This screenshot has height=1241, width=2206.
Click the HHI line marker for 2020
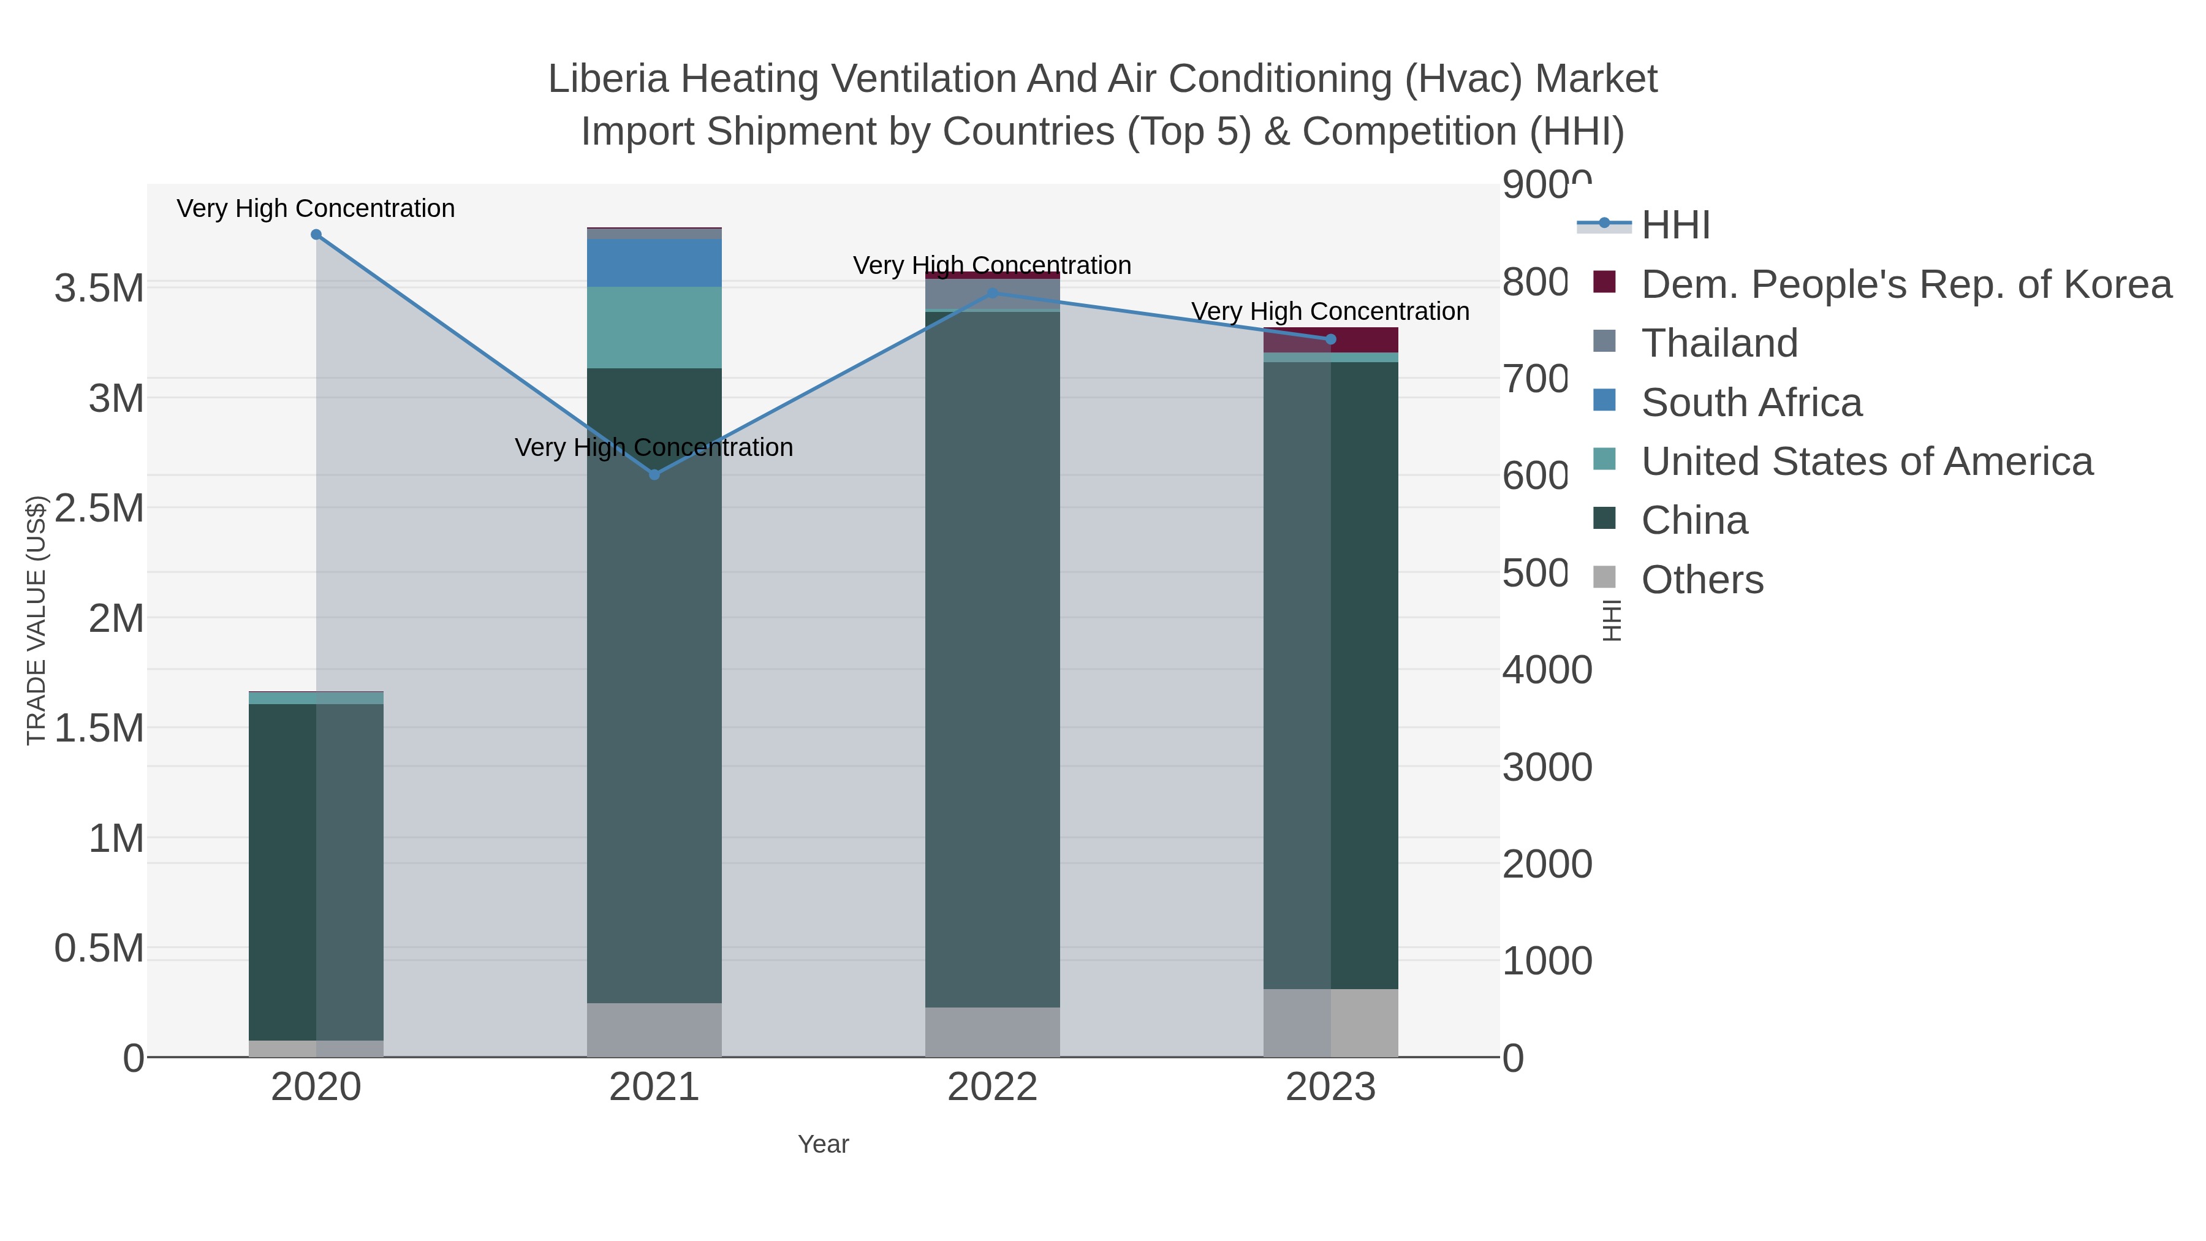point(316,235)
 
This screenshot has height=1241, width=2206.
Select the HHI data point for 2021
point(654,474)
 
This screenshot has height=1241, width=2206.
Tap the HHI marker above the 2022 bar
point(993,293)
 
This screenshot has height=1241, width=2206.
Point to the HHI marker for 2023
point(1331,339)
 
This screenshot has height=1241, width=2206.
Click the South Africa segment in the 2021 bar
point(654,263)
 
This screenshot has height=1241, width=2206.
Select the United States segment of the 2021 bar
point(654,327)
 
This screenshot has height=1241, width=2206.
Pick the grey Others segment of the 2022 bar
point(993,1031)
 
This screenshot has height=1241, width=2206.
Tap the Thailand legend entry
point(1719,343)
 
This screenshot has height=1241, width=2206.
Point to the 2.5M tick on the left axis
point(99,509)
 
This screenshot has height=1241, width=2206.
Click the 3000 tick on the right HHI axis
point(1547,767)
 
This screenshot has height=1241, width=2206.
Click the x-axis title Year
point(823,1144)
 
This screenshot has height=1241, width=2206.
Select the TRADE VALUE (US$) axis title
point(36,620)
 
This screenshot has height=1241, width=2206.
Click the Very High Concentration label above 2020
point(316,209)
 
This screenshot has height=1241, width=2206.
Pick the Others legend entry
point(1702,580)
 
